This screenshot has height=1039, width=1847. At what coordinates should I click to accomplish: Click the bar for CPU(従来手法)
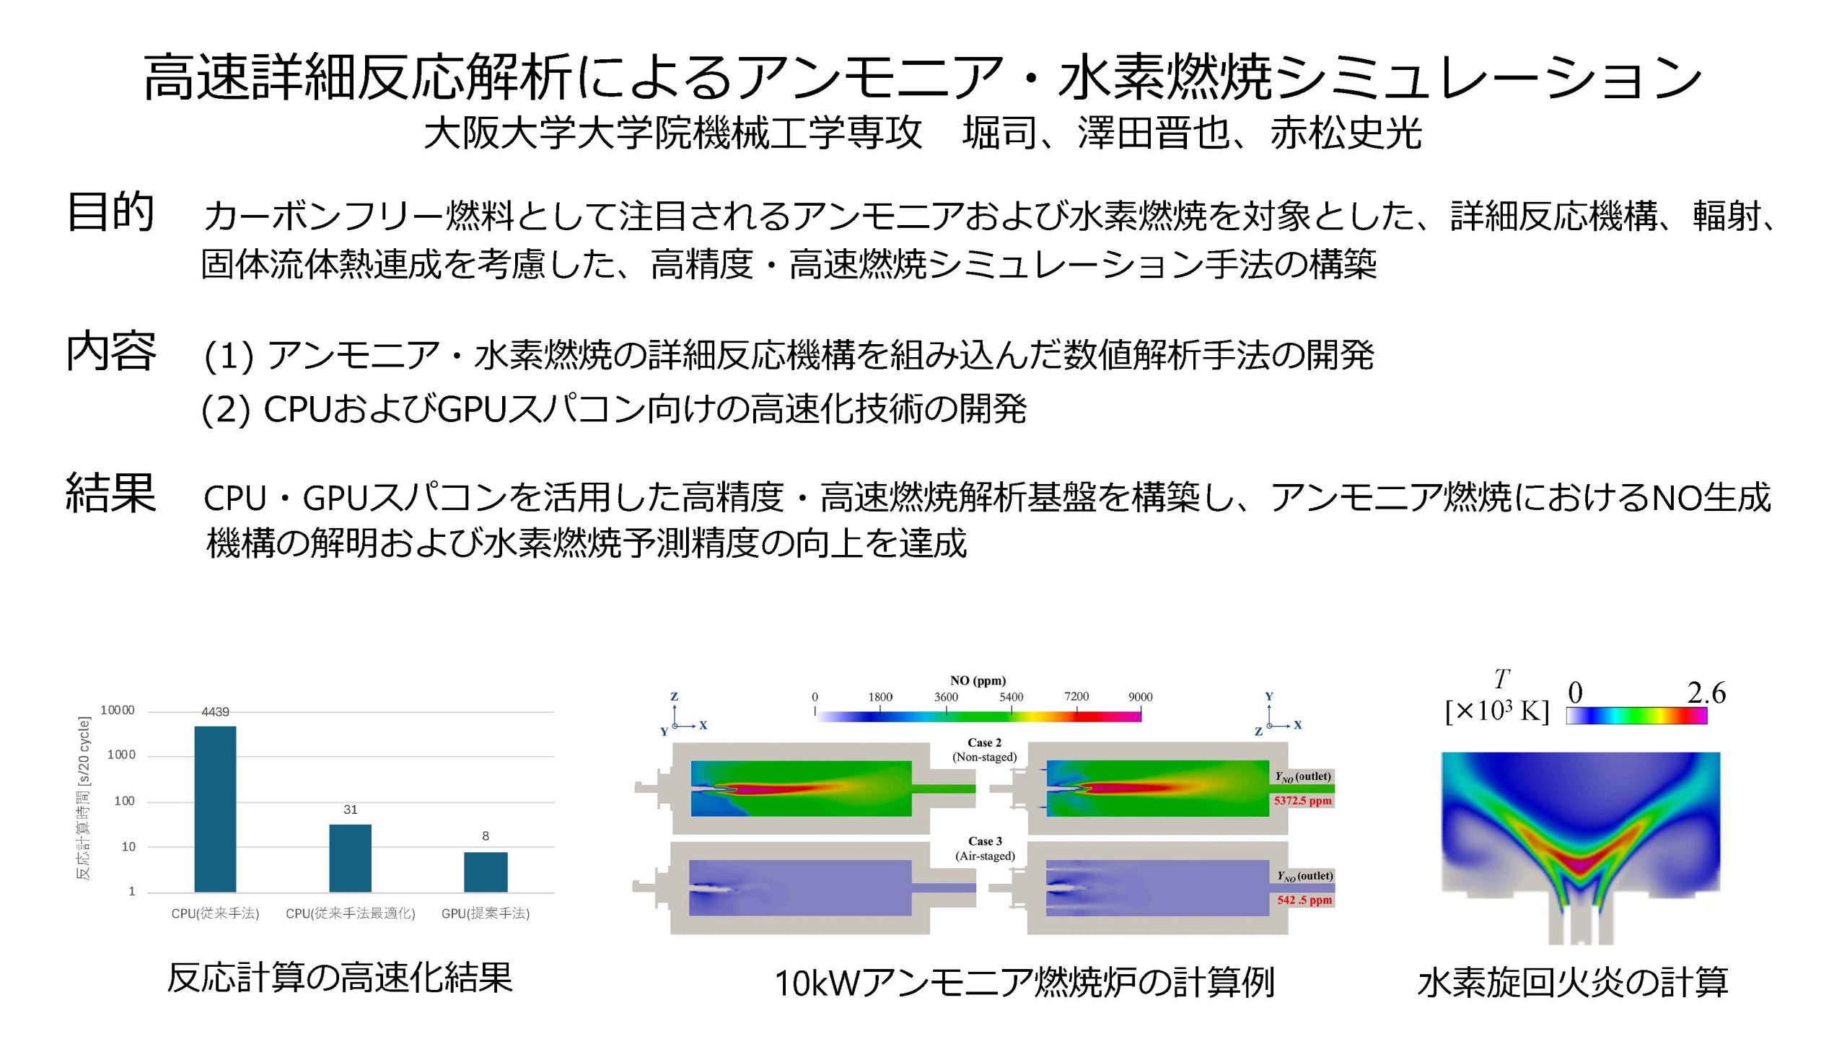[x=215, y=809]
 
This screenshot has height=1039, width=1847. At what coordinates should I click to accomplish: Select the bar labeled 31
[x=350, y=858]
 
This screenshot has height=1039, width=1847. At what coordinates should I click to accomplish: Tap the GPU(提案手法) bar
[x=486, y=872]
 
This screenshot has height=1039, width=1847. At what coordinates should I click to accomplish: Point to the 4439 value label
[x=215, y=711]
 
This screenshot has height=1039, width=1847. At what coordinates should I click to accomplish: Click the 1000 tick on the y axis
[x=121, y=755]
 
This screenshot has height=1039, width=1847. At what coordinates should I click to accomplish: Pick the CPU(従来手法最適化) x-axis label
[x=351, y=913]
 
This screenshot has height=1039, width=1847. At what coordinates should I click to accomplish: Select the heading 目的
[x=110, y=212]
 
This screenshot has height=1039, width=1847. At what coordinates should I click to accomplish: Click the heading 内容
[x=110, y=351]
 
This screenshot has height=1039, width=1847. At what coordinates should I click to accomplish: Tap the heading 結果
[x=110, y=493]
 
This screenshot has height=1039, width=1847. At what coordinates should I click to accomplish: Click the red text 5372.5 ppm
[x=1303, y=800]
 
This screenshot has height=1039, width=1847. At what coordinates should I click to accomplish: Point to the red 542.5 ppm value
[x=1304, y=900]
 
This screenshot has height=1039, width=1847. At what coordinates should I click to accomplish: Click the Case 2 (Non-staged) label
[x=985, y=750]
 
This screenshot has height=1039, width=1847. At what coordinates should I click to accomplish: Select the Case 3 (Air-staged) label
[x=986, y=849]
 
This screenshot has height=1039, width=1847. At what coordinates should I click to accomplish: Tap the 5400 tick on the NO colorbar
[x=1011, y=697]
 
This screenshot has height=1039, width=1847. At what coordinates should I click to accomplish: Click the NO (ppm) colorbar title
[x=978, y=680]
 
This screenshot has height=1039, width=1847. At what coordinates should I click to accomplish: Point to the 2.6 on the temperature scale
[x=1706, y=693]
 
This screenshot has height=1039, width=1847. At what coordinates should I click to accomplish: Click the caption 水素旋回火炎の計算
[x=1573, y=982]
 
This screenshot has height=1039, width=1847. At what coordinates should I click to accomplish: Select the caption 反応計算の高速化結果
[x=340, y=978]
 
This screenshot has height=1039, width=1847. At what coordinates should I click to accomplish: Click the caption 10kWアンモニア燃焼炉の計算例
[x=1025, y=982]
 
